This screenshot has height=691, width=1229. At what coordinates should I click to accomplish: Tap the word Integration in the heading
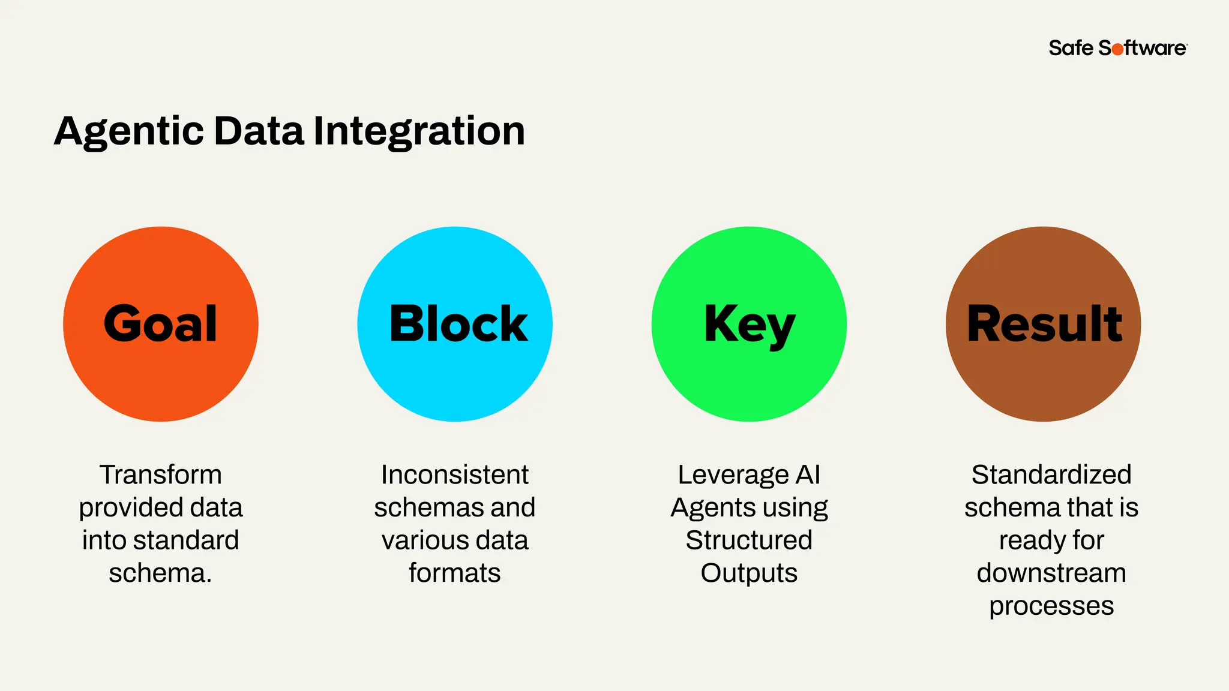[419, 132]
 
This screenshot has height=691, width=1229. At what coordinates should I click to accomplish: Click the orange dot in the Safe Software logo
[1117, 49]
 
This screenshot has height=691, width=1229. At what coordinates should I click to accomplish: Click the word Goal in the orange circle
[160, 324]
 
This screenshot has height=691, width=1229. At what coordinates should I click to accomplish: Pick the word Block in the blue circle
[458, 324]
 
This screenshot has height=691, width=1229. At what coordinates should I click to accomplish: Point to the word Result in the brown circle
[1044, 324]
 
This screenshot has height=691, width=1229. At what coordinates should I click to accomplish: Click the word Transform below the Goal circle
[161, 474]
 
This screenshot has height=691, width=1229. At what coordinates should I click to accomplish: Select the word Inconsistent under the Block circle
[455, 474]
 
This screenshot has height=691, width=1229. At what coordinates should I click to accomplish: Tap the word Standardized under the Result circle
[1051, 474]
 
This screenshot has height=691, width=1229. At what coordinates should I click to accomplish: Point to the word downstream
[1051, 573]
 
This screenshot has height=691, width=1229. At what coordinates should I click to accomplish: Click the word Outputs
[749, 573]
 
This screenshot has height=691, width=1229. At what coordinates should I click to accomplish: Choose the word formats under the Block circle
[455, 573]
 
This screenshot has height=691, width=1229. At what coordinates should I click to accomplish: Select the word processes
[1051, 606]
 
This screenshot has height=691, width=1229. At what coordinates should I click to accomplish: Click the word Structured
[749, 540]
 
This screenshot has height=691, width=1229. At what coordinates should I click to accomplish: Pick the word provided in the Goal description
[122, 508]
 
